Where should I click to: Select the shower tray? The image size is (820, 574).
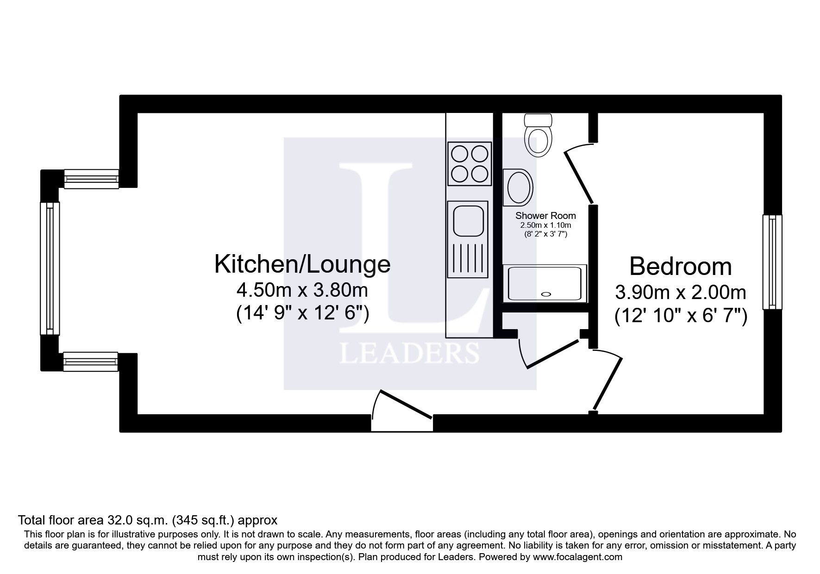(545, 283)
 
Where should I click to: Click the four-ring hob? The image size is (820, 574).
(469, 163)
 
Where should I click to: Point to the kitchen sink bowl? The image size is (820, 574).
(468, 222)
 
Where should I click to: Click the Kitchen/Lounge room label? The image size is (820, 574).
(302, 264)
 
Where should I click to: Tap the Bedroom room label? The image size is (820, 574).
(680, 267)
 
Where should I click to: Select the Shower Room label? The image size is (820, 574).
(545, 216)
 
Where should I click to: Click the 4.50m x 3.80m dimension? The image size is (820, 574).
(302, 291)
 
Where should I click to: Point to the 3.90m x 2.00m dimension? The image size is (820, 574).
(680, 293)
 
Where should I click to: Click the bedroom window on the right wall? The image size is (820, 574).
(772, 262)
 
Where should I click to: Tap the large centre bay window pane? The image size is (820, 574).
(50, 268)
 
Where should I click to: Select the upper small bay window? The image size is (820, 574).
(91, 179)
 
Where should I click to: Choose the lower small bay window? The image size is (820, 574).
(91, 362)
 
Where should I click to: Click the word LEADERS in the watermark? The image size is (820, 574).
(409, 354)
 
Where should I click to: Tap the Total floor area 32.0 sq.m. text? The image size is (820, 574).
(147, 520)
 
